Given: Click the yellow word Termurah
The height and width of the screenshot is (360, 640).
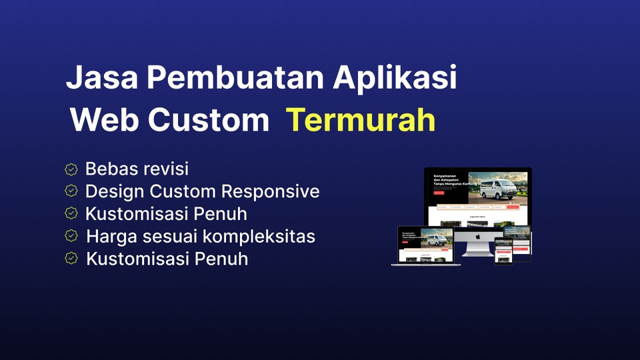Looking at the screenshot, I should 361,121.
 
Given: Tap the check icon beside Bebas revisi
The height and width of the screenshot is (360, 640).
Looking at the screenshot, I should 71,169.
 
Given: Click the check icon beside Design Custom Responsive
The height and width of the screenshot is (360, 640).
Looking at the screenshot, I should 71,191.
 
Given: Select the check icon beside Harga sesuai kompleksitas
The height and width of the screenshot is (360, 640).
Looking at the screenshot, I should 71,236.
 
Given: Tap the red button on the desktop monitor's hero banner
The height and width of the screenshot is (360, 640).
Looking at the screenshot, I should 439,193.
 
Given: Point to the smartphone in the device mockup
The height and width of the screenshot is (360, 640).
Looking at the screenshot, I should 503,251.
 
